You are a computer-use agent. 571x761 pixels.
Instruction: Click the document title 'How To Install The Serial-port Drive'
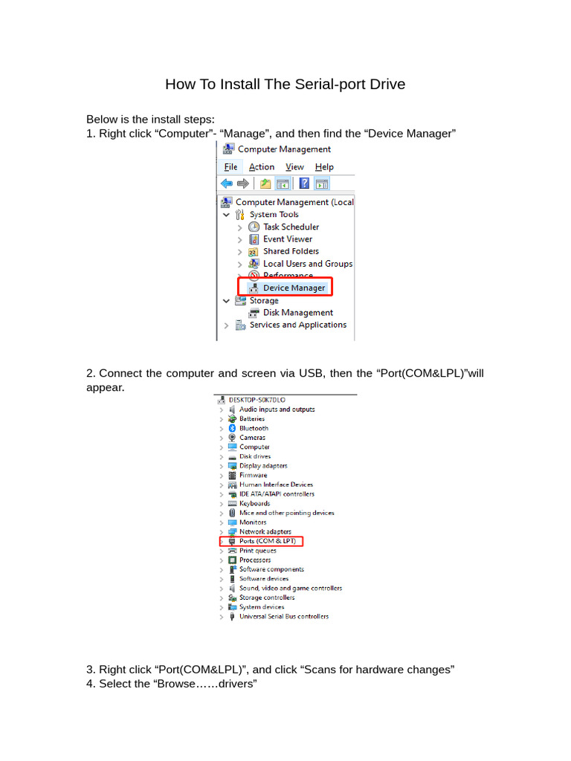click(x=285, y=84)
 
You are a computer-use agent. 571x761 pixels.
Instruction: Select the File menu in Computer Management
click(x=230, y=167)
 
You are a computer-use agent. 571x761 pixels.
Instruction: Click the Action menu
click(x=261, y=167)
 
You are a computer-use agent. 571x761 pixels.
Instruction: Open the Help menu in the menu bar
click(x=324, y=167)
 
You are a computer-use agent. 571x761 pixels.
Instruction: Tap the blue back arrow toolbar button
click(x=227, y=184)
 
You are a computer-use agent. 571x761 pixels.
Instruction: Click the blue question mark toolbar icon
click(x=304, y=184)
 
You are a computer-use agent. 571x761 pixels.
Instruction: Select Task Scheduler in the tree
click(x=291, y=227)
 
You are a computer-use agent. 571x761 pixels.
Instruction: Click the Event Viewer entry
click(x=287, y=239)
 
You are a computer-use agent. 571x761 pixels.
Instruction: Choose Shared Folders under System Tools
click(x=291, y=251)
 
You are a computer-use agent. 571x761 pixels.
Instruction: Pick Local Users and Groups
click(x=307, y=264)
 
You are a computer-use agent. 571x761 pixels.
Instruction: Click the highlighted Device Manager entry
click(x=294, y=288)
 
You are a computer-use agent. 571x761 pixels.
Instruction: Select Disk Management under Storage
click(x=297, y=313)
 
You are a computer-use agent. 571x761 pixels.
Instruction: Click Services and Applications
click(x=297, y=325)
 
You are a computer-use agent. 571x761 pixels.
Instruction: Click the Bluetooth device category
click(x=254, y=428)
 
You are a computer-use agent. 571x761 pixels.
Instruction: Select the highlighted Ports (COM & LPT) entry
click(x=267, y=542)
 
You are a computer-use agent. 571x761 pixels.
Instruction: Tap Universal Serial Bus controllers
click(x=283, y=616)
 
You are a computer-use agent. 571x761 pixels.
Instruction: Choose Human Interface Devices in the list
click(x=276, y=485)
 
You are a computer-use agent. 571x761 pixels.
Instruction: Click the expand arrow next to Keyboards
click(x=222, y=504)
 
